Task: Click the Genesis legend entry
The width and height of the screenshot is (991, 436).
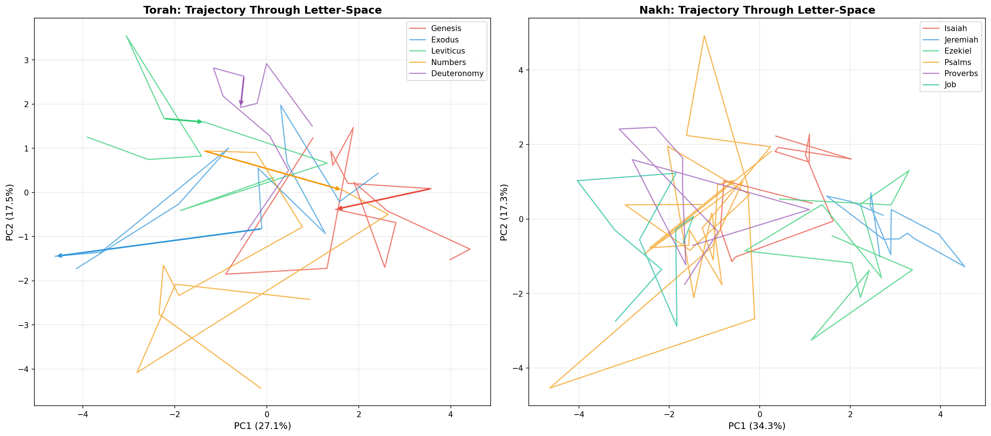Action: (446, 28)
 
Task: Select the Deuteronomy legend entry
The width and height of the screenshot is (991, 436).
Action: (457, 73)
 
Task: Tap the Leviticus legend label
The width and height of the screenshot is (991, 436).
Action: (448, 51)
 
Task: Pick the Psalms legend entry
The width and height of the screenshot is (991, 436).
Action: (957, 62)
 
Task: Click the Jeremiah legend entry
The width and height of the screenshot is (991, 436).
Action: (961, 40)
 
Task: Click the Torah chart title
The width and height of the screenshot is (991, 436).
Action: (262, 10)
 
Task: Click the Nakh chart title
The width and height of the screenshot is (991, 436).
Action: (757, 10)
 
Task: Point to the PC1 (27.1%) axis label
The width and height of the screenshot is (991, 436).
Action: (262, 426)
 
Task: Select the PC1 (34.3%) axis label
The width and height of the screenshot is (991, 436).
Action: (757, 426)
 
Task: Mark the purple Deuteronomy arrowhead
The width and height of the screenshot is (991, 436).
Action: (241, 103)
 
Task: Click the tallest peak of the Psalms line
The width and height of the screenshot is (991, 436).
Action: (704, 36)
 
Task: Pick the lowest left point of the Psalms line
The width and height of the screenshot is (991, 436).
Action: (549, 388)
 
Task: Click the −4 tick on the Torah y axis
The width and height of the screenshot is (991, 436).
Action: (24, 369)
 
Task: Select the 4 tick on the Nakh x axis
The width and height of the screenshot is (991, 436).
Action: (940, 415)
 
